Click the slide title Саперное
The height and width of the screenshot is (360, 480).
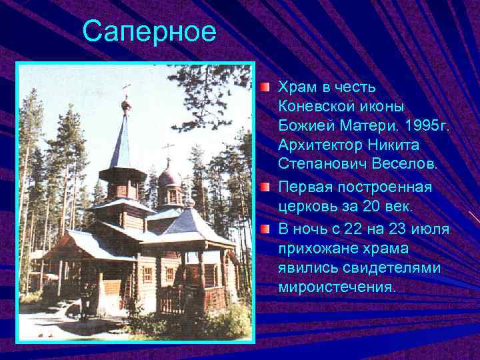pos(149,31)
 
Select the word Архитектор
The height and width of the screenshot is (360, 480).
pos(317,145)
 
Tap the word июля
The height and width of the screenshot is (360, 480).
pos(430,230)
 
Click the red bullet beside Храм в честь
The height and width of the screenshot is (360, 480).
pos(265,88)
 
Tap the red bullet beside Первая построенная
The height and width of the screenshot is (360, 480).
pos(265,187)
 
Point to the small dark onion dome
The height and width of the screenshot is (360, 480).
pos(169,178)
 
